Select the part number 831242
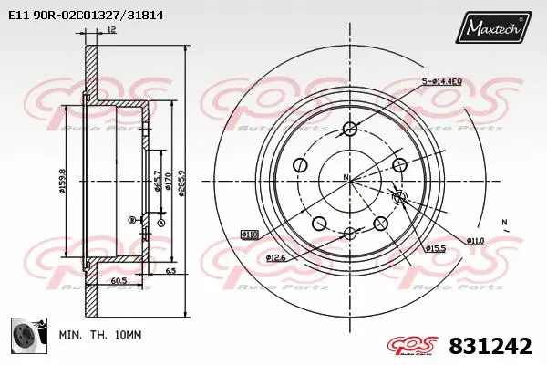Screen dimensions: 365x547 pyautogui.click(x=490, y=346)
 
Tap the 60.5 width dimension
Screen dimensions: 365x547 pyautogui.click(x=119, y=281)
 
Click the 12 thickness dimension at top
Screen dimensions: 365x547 pyautogui.click(x=111, y=31)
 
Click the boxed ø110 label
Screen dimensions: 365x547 pyautogui.click(x=249, y=235)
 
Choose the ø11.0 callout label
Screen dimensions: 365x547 pyautogui.click(x=475, y=240)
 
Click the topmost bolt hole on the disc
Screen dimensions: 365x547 pyautogui.click(x=350, y=128)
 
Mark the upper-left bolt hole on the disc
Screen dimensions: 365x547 pyautogui.click(x=300, y=165)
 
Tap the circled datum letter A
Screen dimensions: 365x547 pyautogui.click(x=161, y=223)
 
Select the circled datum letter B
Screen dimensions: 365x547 pyautogui.click(x=131, y=219)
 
